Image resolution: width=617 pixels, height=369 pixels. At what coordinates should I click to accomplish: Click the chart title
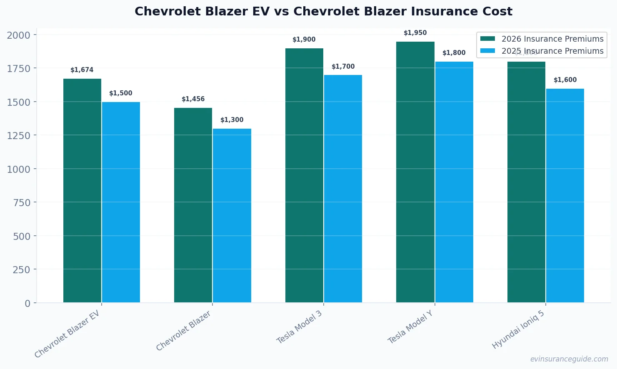coord(323,11)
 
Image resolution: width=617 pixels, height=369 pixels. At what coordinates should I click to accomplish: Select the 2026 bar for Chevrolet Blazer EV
coord(82,190)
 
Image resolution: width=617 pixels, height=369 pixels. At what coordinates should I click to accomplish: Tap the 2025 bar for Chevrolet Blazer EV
coord(121,202)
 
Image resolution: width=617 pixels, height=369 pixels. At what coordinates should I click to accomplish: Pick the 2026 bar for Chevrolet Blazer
coord(193,205)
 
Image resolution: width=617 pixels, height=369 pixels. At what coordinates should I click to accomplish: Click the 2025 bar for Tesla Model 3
coord(343,189)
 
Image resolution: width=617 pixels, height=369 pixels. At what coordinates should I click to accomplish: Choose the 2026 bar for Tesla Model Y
coord(415,172)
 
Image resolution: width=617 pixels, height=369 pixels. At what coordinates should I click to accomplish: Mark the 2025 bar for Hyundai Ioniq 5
coord(565,195)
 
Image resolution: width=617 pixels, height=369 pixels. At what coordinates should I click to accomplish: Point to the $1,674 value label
coord(82,70)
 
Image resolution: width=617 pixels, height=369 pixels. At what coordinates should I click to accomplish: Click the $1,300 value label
coord(232,120)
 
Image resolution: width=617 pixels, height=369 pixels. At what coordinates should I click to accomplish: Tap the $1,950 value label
coord(415,33)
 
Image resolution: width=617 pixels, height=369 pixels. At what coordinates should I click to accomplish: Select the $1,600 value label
coord(565,80)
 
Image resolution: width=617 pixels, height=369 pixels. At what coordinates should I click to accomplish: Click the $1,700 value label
coord(343,67)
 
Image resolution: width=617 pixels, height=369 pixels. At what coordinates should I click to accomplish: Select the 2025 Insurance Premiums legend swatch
coord(487,51)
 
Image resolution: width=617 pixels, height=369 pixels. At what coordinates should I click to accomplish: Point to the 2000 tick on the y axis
coord(19,35)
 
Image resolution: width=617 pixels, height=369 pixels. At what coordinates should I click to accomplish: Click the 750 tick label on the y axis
coord(22,202)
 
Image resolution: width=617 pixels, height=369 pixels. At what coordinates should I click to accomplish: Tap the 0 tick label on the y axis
coord(27,303)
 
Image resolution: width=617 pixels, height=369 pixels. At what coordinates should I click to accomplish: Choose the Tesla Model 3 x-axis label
coord(300,327)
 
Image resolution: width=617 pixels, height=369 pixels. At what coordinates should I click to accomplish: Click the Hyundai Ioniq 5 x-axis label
coord(518,330)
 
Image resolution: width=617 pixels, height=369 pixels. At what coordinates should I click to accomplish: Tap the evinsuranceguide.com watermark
coord(569,359)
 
